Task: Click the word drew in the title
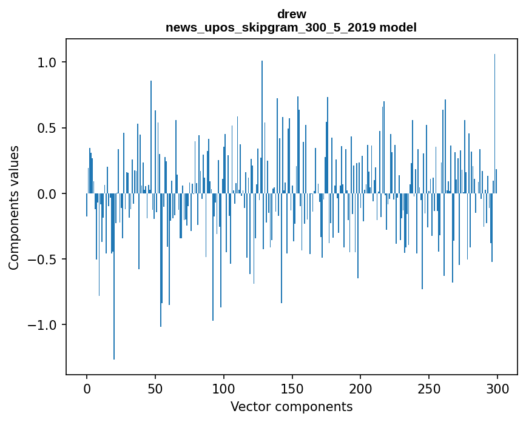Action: click(x=291, y=14)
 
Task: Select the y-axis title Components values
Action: click(x=14, y=207)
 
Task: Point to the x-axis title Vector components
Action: click(x=291, y=406)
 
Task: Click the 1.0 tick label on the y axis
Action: click(x=46, y=62)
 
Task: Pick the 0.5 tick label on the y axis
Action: click(x=46, y=128)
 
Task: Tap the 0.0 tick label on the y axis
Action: click(x=46, y=194)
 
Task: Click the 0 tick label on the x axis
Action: click(x=87, y=388)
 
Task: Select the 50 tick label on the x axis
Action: click(x=155, y=388)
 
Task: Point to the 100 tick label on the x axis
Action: click(x=224, y=388)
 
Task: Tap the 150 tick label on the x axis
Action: click(x=292, y=388)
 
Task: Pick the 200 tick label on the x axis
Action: click(x=360, y=388)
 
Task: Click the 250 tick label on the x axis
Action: click(x=429, y=388)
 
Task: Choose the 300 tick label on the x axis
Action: click(x=497, y=388)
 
